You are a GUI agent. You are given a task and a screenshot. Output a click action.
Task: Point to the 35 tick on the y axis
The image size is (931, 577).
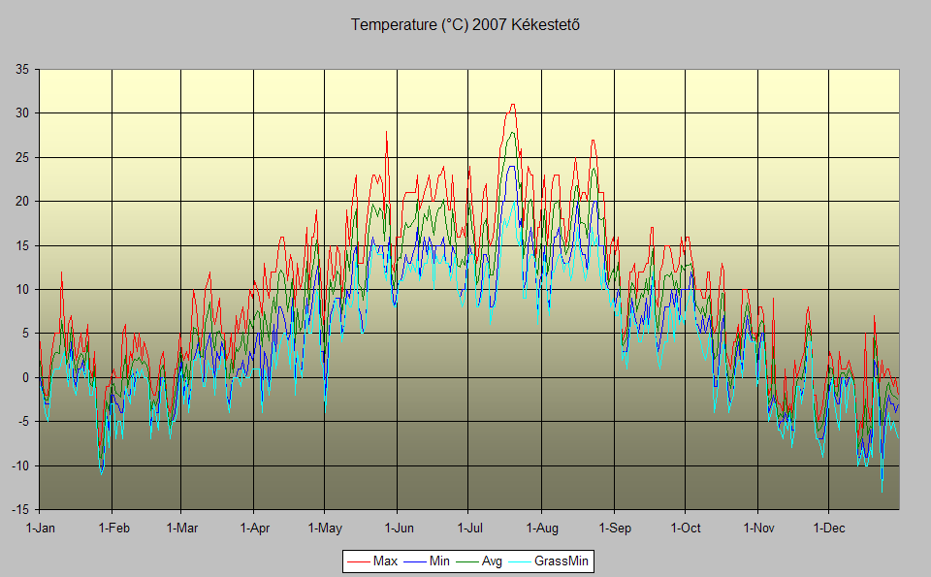coord(21,69)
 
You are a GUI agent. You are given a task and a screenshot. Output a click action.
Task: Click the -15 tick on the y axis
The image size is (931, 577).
coord(19,509)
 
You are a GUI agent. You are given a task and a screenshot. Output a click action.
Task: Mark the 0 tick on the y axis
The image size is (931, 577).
coord(25,377)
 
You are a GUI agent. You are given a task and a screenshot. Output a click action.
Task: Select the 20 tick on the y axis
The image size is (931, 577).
coord(21,201)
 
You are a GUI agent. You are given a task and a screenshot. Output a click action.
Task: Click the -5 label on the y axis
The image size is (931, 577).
coord(22,421)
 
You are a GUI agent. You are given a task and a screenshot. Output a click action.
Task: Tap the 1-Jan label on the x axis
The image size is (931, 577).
coord(40,529)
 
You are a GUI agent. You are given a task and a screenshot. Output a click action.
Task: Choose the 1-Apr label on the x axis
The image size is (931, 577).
coord(254,529)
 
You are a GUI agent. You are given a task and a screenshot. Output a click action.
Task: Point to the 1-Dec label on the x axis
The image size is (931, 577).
coord(828,529)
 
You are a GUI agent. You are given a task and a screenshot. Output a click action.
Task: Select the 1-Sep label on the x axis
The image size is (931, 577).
coord(614,529)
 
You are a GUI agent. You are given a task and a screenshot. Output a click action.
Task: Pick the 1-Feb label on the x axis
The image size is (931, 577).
coord(112,529)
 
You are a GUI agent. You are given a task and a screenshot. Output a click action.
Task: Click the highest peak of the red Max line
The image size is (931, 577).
coord(512,105)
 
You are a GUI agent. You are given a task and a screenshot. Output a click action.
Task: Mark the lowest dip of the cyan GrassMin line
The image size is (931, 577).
coord(883,492)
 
